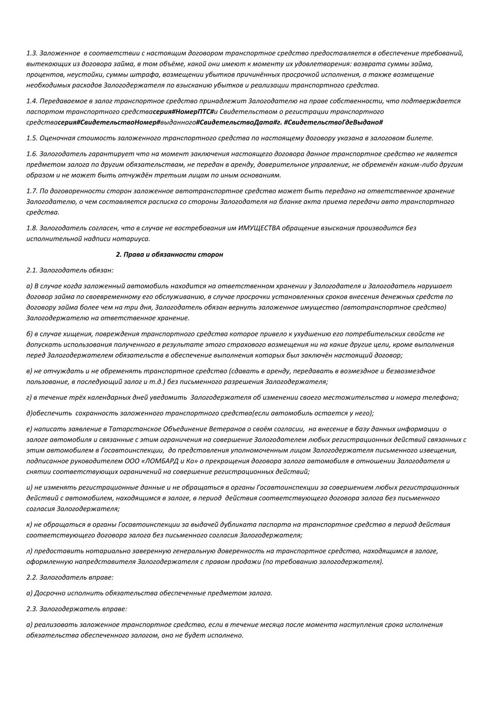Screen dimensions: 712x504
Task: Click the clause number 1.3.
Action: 32,53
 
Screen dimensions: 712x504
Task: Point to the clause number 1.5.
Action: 32,138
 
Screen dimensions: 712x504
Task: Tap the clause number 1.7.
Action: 32,191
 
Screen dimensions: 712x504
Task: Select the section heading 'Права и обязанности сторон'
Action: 169,254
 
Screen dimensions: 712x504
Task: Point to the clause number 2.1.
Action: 32,270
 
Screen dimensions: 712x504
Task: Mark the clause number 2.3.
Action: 32,609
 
